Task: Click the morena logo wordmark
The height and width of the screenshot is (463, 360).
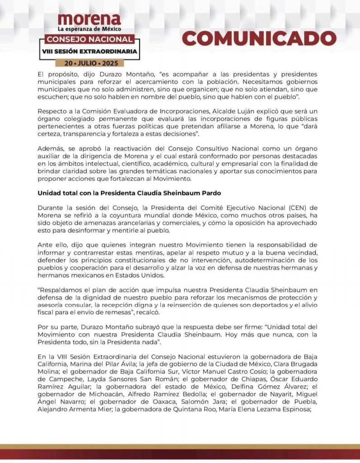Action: (89, 19)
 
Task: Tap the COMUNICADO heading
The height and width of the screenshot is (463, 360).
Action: (259, 39)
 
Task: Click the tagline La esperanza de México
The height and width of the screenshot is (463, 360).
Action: (89, 29)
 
